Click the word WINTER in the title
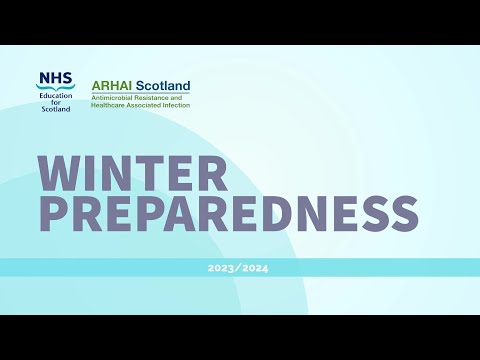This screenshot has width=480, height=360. (x=133, y=174)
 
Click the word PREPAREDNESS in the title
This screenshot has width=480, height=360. (x=228, y=213)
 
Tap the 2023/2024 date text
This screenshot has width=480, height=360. (x=238, y=268)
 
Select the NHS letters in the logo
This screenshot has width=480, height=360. (x=54, y=77)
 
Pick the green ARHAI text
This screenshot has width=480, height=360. (x=109, y=86)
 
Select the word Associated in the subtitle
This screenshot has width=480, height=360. (x=145, y=104)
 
